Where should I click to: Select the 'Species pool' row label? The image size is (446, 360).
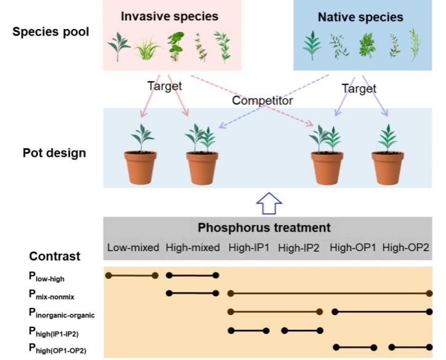(50, 31)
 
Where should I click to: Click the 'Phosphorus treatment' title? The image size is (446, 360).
(264, 228)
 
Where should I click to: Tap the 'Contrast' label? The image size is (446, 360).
(54, 256)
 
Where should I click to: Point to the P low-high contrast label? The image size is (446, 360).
(50, 276)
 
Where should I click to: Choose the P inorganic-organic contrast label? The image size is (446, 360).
(70, 313)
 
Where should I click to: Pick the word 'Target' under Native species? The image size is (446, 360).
(359, 89)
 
